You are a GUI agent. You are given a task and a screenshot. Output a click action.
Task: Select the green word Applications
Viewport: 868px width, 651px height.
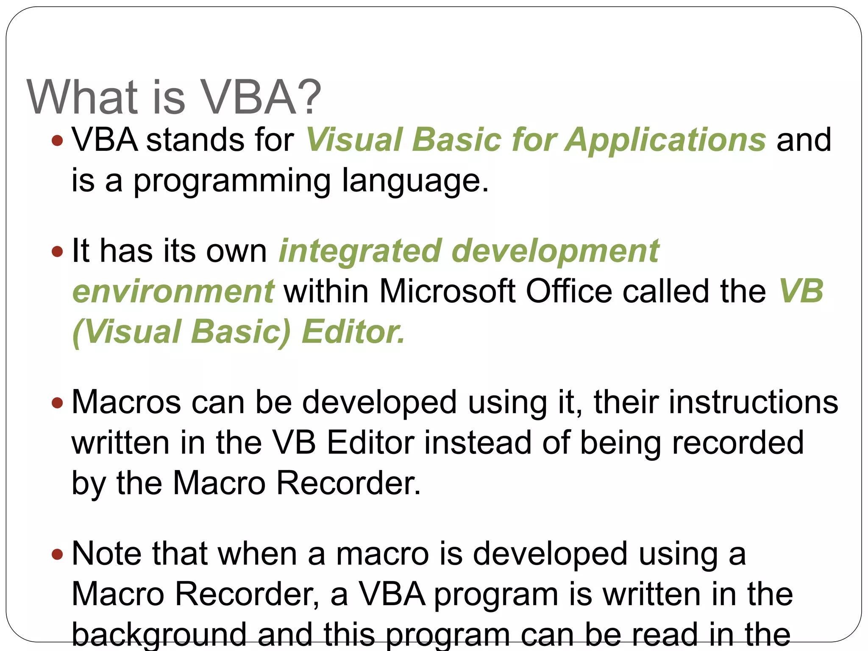coord(666,140)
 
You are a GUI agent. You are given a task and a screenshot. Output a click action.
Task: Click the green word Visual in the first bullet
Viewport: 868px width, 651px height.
coord(353,140)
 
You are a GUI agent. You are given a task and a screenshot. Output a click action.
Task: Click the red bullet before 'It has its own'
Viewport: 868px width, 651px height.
coord(57,251)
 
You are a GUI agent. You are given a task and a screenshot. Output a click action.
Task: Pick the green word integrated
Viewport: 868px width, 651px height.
coord(360,251)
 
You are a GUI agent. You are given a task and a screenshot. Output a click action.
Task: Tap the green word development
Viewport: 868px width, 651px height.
coord(555,251)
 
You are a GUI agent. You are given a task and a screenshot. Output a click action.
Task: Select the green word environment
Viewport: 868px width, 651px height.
coord(173,292)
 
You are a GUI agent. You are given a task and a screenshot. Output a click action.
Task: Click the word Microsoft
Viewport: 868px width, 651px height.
coord(447,292)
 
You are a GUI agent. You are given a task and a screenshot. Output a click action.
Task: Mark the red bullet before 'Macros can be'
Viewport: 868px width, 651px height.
coord(57,402)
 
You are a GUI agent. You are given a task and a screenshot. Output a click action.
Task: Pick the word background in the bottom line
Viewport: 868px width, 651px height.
coord(159,634)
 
